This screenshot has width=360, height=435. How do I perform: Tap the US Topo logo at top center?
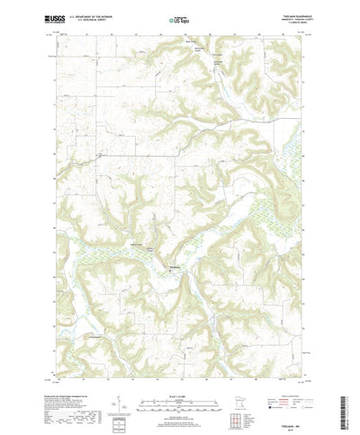click(179, 17)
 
